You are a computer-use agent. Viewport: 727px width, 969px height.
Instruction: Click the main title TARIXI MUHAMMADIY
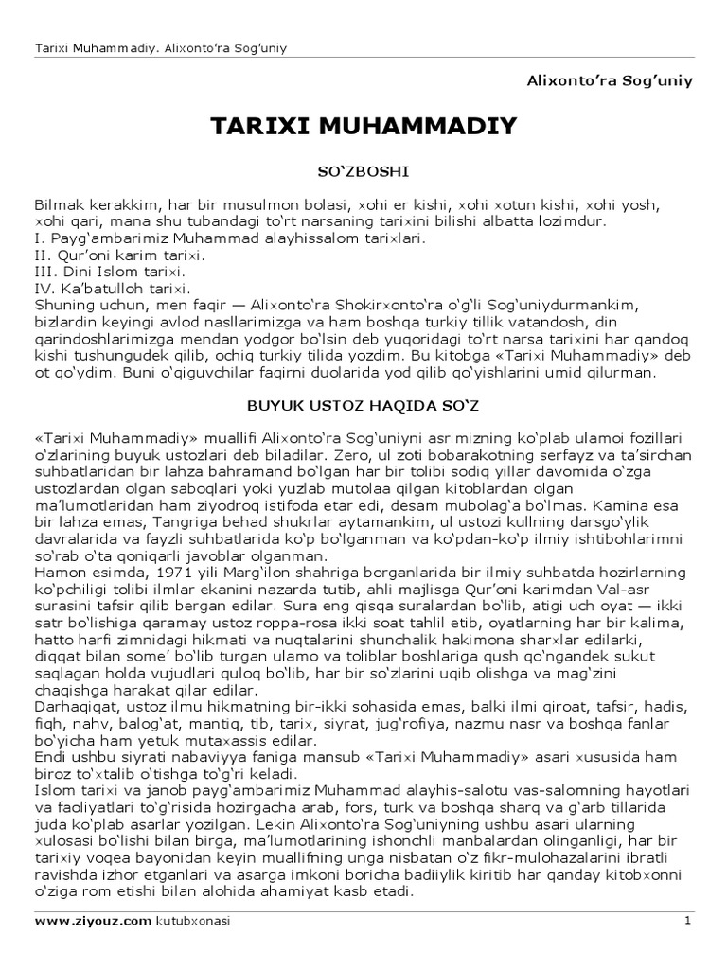363,125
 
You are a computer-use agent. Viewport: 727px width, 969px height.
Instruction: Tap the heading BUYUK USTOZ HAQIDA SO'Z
363,405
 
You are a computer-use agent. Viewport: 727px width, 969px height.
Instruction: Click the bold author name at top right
610,80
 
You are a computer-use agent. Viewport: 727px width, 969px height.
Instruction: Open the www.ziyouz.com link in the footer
93,920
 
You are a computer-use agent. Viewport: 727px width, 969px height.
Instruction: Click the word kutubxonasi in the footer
193,920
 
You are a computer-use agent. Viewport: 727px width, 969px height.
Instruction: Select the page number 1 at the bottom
687,920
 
